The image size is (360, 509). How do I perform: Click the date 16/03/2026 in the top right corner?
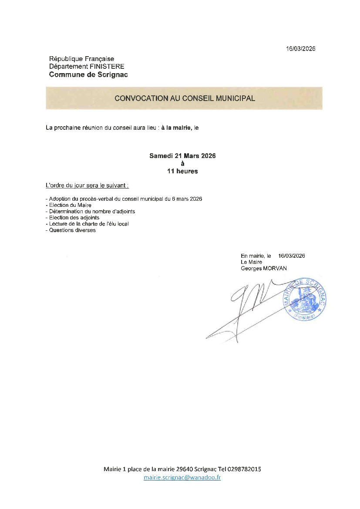click(300, 49)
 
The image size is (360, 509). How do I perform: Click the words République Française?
click(81, 59)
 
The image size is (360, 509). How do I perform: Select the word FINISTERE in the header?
click(107, 67)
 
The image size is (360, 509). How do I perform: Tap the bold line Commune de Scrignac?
click(88, 75)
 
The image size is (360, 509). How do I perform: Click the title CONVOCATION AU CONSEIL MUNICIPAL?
click(185, 98)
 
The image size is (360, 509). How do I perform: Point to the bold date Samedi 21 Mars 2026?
click(182, 155)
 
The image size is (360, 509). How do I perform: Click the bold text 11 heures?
click(182, 171)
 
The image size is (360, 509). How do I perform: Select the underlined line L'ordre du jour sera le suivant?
click(87, 185)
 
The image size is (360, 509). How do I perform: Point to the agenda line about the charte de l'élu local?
click(89, 224)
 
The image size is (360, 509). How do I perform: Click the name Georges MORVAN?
click(264, 269)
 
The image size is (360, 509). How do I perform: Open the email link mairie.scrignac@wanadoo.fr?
click(182, 478)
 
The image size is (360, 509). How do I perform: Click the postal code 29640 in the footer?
click(185, 469)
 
